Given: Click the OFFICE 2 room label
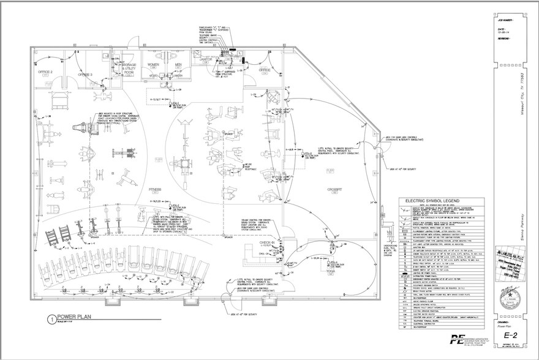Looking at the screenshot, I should (47, 72).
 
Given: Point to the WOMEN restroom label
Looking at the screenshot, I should (153, 64).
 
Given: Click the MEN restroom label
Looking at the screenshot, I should (179, 64).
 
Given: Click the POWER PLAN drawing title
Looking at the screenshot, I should (75, 317).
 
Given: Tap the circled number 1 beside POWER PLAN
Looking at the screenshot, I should (51, 318).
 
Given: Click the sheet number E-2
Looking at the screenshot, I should (508, 336).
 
